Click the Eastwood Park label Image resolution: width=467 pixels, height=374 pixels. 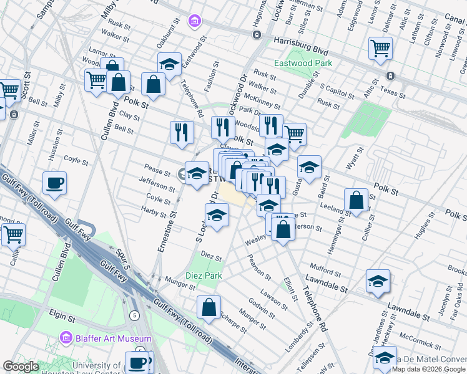[x=303, y=63]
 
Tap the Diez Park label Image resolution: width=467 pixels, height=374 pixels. [x=204, y=276]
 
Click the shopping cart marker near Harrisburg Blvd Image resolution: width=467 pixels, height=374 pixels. [x=380, y=49]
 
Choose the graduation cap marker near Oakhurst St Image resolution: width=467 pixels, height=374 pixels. [x=169, y=64]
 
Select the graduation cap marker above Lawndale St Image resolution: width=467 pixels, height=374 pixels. [x=378, y=281]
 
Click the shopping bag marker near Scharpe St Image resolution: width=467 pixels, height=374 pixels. [x=209, y=307]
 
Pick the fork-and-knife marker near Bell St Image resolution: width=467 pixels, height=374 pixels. [x=182, y=132]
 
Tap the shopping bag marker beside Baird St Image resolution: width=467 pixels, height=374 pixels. [x=356, y=200]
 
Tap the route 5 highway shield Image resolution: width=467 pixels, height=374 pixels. [x=134, y=315]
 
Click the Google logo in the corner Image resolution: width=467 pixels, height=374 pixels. [x=21, y=367]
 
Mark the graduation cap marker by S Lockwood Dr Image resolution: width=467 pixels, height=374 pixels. [x=217, y=216]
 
